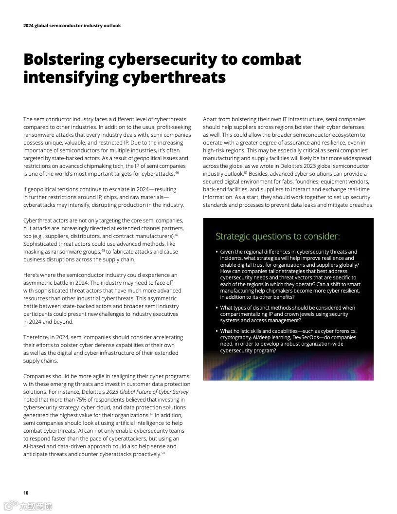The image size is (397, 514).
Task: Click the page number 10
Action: click(26, 493)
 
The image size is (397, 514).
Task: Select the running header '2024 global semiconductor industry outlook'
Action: click(72, 26)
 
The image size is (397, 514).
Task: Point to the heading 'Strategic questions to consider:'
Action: click(277, 237)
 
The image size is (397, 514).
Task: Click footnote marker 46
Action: click(177, 173)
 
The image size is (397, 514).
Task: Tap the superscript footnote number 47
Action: click(177, 235)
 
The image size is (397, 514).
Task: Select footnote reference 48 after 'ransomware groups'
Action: click(103, 251)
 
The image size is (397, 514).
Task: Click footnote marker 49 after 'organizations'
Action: click(151, 414)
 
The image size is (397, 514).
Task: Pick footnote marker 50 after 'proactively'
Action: click(163, 453)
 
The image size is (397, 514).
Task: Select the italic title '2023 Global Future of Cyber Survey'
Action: click(146, 392)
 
